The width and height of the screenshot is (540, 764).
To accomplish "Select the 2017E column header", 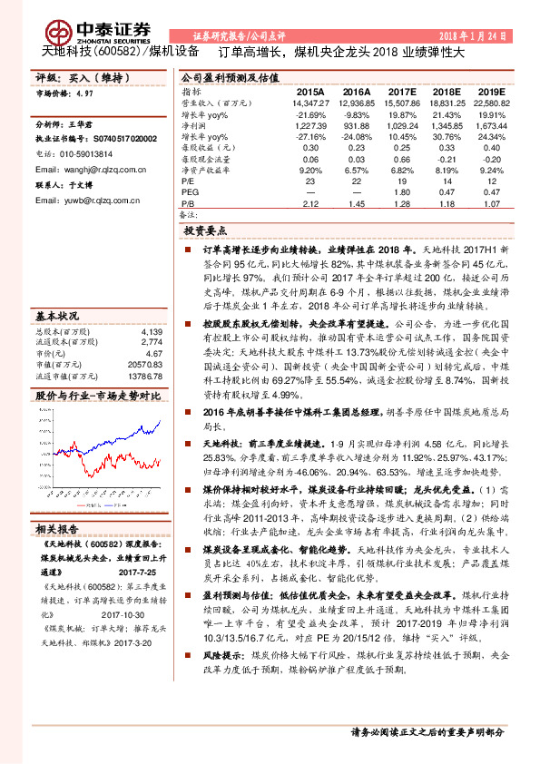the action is coord(402,92).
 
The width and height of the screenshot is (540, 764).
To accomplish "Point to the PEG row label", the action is coord(190,191).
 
